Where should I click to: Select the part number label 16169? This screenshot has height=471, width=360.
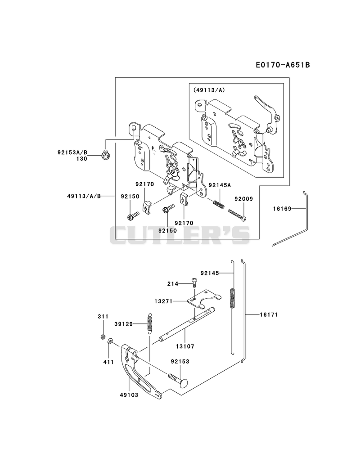click(x=282, y=208)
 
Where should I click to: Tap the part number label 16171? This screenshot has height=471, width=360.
click(x=269, y=314)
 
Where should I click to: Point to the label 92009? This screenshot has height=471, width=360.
click(x=244, y=199)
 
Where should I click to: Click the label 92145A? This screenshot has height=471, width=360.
click(x=220, y=185)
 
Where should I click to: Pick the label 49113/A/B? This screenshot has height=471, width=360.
click(x=84, y=196)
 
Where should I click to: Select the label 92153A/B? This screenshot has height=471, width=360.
click(x=72, y=153)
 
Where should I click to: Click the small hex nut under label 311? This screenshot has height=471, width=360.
click(x=103, y=336)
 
